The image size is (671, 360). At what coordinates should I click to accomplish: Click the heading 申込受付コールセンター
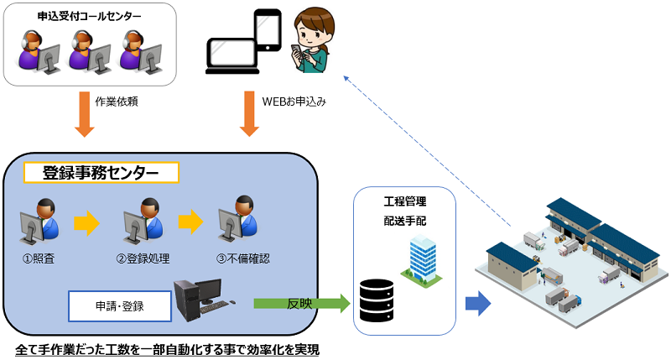click(91, 17)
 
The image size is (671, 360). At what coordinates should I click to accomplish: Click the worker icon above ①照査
click(39, 222)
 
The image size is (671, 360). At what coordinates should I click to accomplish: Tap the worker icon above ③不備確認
click(238, 222)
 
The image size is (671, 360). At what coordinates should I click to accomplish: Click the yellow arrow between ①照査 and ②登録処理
click(86, 222)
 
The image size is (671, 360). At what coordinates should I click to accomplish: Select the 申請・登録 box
click(121, 305)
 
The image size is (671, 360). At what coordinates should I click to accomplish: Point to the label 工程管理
click(405, 202)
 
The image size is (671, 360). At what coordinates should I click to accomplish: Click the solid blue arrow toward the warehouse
click(477, 303)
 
